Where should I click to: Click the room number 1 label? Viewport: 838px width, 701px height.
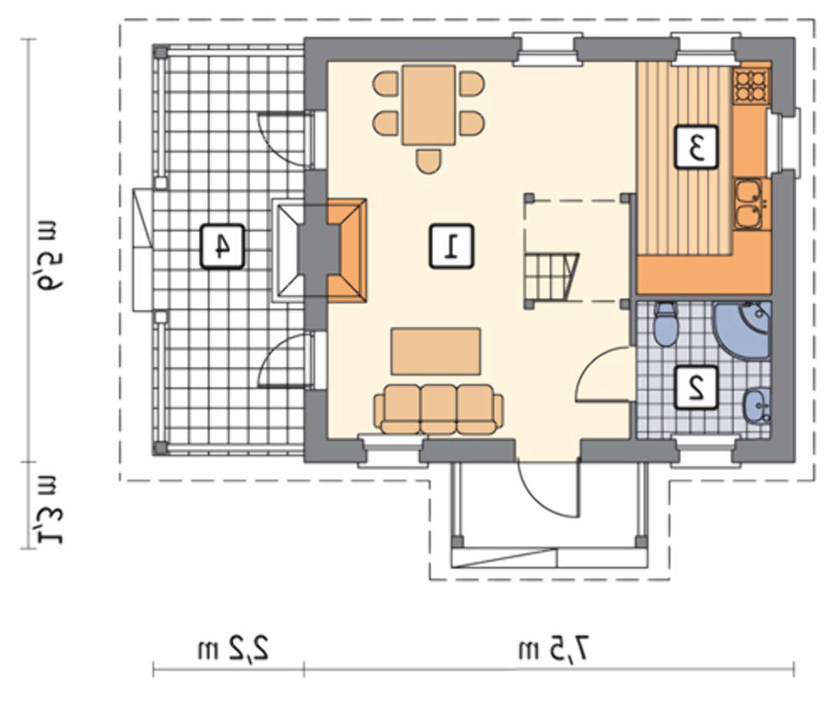click(452, 246)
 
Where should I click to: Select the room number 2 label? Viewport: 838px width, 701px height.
click(696, 388)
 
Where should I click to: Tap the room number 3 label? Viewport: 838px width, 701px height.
click(696, 147)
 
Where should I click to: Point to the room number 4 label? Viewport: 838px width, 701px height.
click(222, 246)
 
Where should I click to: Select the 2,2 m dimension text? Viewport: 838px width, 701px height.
click(233, 650)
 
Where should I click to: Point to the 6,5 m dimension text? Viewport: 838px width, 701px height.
click(49, 256)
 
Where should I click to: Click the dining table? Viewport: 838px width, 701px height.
click(428, 105)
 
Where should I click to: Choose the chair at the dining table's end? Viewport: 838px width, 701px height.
click(428, 162)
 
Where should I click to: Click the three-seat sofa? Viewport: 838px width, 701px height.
click(438, 409)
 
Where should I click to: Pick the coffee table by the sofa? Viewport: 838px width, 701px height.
click(436, 351)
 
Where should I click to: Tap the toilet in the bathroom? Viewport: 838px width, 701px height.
click(665, 324)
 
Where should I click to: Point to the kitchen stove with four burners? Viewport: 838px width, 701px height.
click(750, 86)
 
